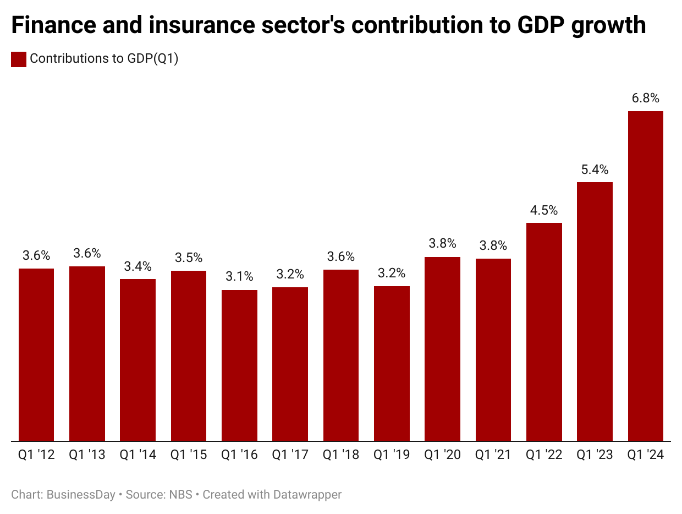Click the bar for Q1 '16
point(239,365)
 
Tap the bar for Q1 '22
point(544,332)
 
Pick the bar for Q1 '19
point(392,363)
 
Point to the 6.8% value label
point(645,99)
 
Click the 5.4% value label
point(595,169)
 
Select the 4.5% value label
point(544,210)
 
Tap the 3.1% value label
point(239,277)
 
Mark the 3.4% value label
point(137,266)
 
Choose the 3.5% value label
point(189,258)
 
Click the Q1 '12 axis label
point(36,455)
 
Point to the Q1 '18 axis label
point(341,455)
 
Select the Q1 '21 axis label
point(493,455)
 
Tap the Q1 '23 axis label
point(595,455)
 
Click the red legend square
point(19,59)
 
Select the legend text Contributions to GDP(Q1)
point(104,59)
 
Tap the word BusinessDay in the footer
point(81,495)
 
